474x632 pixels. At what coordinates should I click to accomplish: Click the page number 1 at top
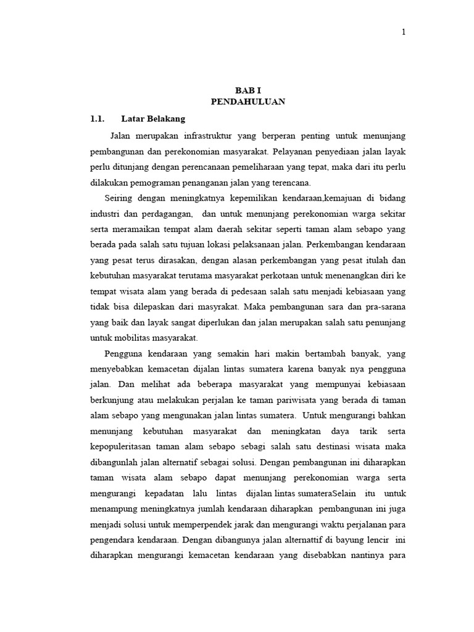click(404, 33)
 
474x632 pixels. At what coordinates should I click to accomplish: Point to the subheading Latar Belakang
click(154, 118)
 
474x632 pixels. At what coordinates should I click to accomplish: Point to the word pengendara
click(115, 540)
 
